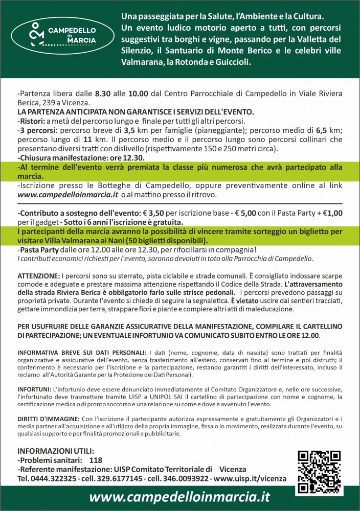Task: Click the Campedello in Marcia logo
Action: (60, 34)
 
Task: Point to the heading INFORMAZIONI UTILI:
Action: (56, 451)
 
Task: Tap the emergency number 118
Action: (96, 460)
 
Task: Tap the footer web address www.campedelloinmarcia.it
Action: (179, 498)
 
